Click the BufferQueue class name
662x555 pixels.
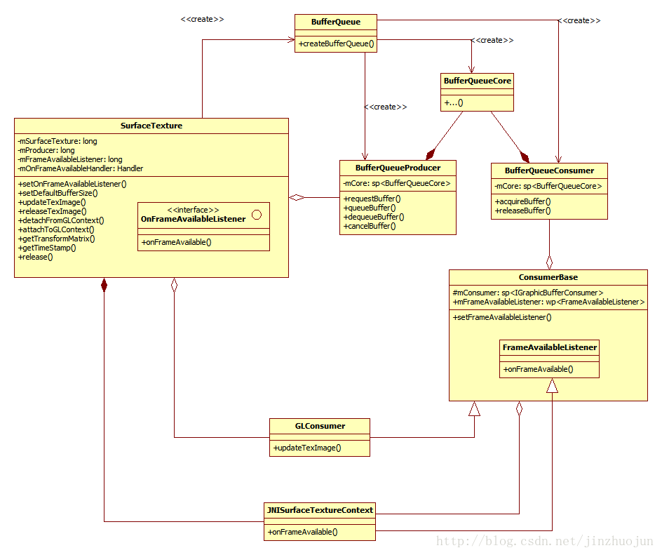[x=336, y=22]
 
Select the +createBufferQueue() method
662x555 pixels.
[x=336, y=44]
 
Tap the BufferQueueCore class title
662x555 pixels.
[x=477, y=81]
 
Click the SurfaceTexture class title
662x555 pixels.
[x=151, y=126]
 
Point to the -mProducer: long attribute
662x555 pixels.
[x=46, y=150]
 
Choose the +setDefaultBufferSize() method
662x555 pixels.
[x=58, y=193]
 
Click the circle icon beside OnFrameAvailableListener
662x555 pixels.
[x=256, y=215]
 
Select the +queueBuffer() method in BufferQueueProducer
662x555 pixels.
[x=370, y=208]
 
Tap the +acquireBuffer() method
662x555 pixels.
[x=522, y=201]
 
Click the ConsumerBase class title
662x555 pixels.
[x=548, y=277]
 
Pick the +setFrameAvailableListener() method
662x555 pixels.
[x=502, y=317]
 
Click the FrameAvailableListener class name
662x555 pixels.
[x=549, y=347]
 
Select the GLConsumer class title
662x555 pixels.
[x=320, y=426]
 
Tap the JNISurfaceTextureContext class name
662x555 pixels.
[x=320, y=510]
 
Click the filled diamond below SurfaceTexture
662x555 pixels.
[x=104, y=285]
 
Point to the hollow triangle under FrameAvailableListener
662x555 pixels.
[x=552, y=385]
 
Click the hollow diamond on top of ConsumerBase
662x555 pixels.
[x=549, y=262]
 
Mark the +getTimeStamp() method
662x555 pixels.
[x=47, y=248]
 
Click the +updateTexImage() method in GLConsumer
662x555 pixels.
[x=307, y=448]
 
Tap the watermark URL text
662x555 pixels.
[x=544, y=541]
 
